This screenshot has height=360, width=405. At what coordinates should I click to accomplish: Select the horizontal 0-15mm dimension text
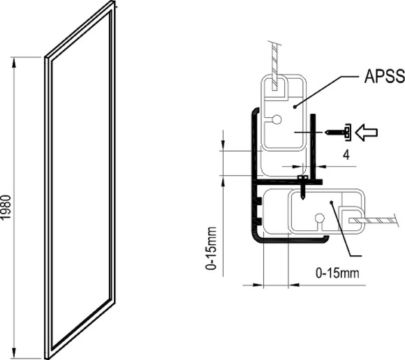tap(337, 271)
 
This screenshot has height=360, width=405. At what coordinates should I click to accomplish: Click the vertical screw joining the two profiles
tap(302, 187)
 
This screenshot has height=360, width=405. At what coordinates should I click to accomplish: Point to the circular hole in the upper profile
tap(277, 120)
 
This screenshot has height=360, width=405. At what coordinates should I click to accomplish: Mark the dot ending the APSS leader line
tap(295, 106)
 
